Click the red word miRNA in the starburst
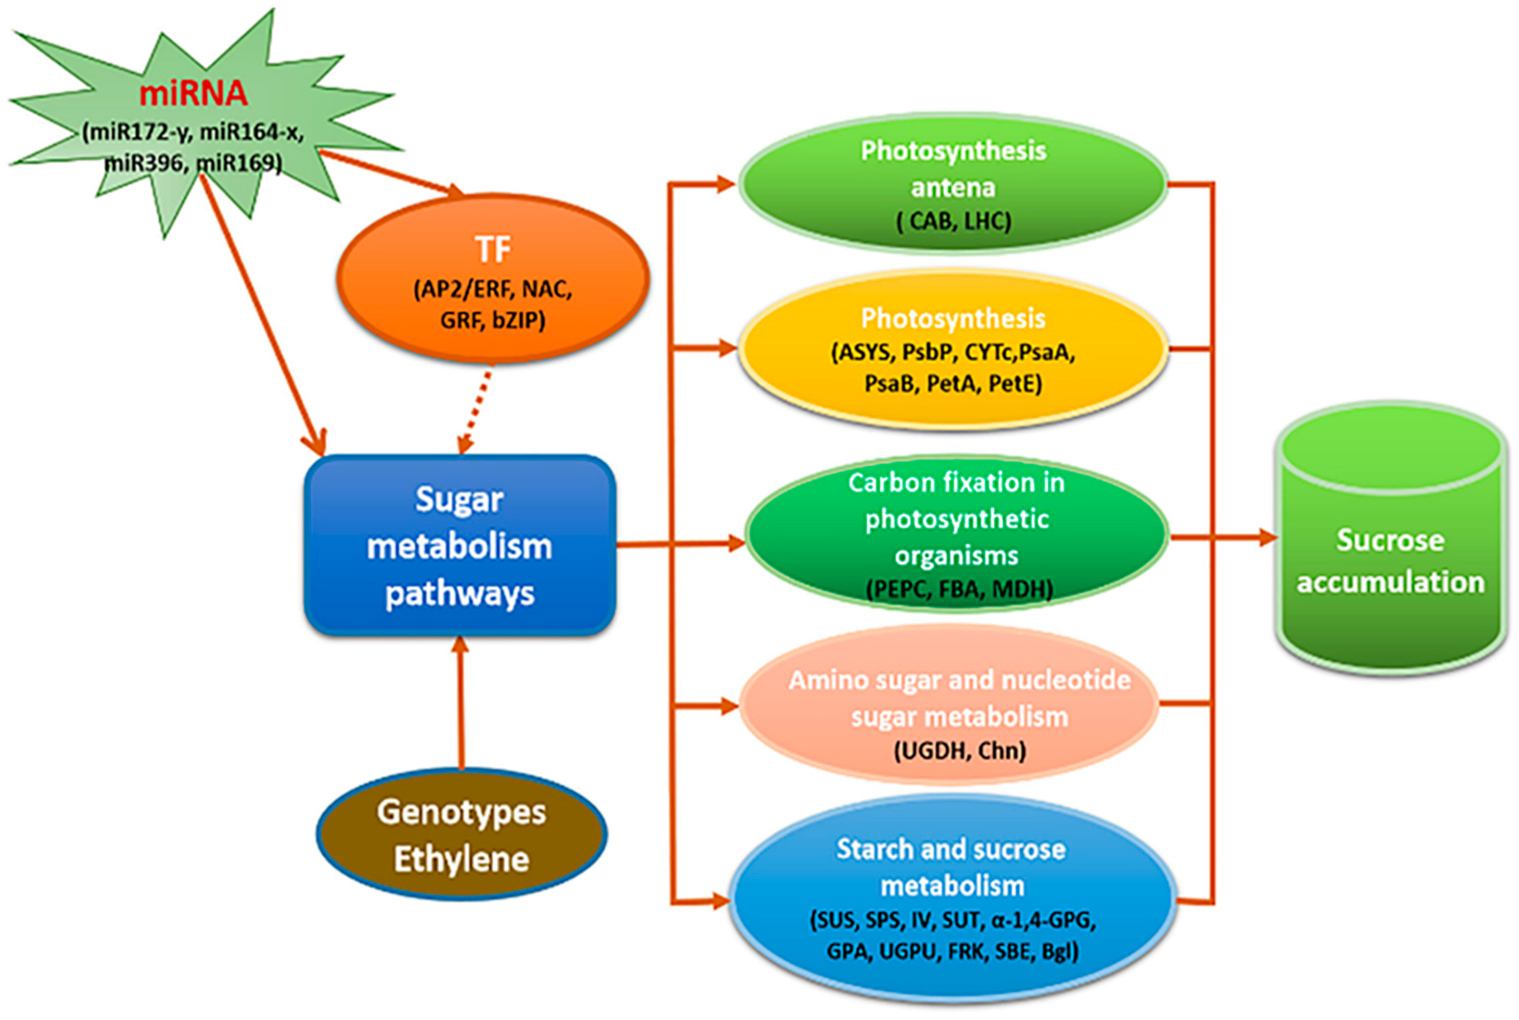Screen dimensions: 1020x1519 [x=193, y=93]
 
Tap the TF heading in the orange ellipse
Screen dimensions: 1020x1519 [x=492, y=250]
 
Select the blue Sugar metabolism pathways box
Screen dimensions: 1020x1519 [x=459, y=545]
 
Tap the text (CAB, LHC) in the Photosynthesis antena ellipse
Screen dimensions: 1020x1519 [x=954, y=221]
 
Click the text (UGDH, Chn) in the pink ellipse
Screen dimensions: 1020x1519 [x=959, y=751]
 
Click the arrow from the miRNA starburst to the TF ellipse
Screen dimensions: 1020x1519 [x=390, y=172]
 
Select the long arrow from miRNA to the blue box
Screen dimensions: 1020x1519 [x=260, y=312]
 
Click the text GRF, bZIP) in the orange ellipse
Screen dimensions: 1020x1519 [x=492, y=320]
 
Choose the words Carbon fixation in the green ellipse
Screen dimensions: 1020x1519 [x=956, y=483]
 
